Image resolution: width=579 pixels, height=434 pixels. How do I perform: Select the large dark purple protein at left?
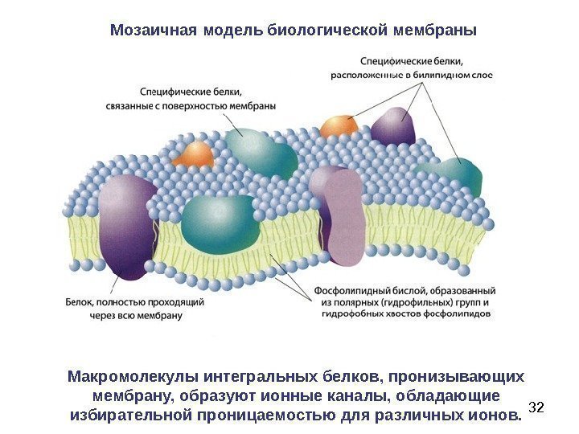tap(127, 225)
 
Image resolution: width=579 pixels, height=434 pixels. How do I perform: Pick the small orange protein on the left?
tap(195, 154)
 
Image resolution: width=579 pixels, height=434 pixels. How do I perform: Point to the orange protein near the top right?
tap(339, 126)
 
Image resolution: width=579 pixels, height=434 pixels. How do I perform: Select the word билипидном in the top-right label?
tap(439, 76)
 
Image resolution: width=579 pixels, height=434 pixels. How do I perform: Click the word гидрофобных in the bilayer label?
tap(356, 315)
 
